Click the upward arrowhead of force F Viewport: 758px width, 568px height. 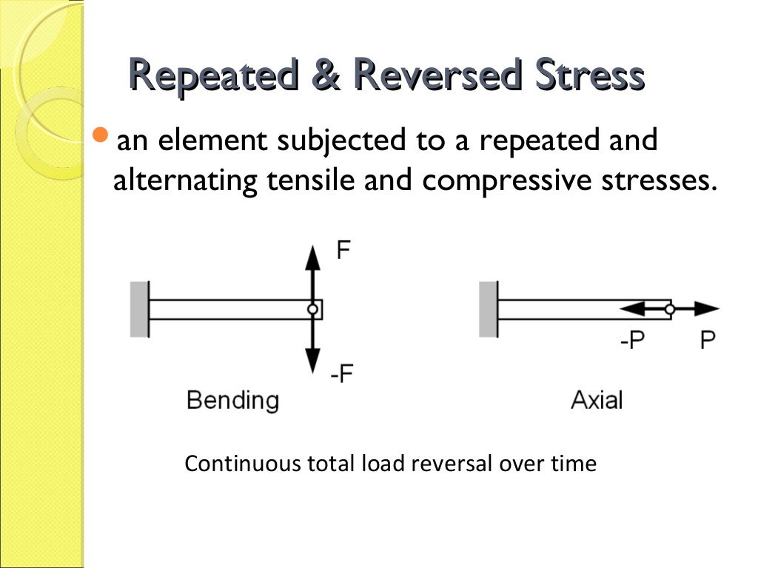tap(313, 257)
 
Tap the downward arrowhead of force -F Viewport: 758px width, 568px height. tap(313, 362)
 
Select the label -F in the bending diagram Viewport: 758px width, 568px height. tap(342, 374)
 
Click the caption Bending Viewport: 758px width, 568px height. tap(232, 400)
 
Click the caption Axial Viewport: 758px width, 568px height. tap(597, 400)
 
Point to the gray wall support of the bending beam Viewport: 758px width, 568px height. tap(139, 309)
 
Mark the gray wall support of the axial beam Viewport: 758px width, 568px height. tap(489, 309)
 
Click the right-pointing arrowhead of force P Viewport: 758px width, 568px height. tap(709, 309)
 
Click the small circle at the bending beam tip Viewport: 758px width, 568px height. tap(313, 309)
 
